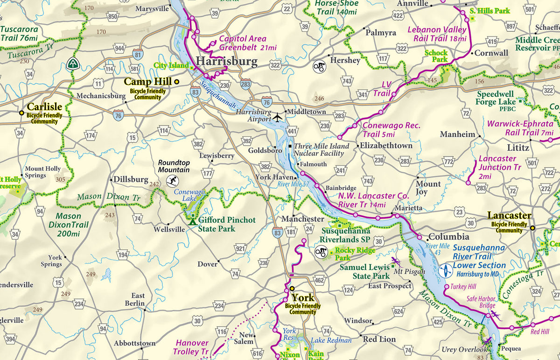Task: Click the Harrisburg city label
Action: point(226,61)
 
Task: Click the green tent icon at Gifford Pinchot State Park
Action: point(192,219)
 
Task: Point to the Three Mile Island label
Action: point(321,149)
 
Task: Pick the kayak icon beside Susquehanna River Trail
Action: point(445,270)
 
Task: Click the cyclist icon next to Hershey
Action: point(319,66)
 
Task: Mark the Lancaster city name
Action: point(509,215)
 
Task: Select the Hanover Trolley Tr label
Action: point(192,346)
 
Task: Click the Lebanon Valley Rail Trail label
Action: point(437,34)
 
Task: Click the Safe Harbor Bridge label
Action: point(481,302)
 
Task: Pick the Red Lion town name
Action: point(379,339)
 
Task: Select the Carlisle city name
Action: point(44,106)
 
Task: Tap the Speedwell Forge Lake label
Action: point(496,98)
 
